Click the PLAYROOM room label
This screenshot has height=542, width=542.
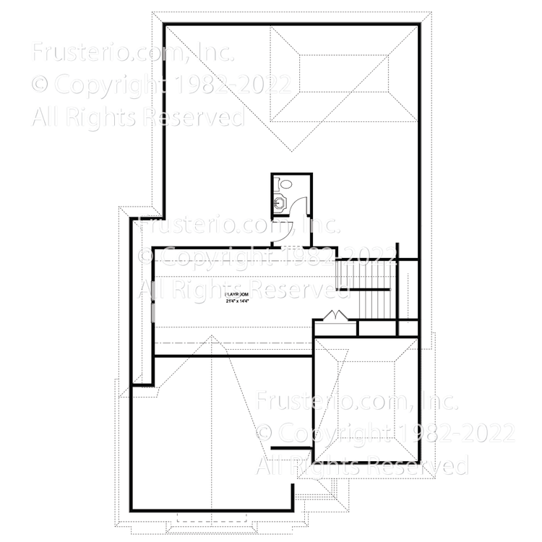pyautogui.click(x=236, y=295)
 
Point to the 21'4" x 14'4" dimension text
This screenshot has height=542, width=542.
pyautogui.click(x=236, y=303)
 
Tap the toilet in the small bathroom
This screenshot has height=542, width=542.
pyautogui.click(x=285, y=185)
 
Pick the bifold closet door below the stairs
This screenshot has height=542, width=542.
pyautogui.click(x=335, y=316)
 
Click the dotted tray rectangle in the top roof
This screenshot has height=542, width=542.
pyautogui.click(x=343, y=74)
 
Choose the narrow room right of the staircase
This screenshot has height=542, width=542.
pyautogui.click(x=408, y=289)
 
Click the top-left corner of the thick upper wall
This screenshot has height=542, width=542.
pyautogui.click(x=165, y=25)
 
